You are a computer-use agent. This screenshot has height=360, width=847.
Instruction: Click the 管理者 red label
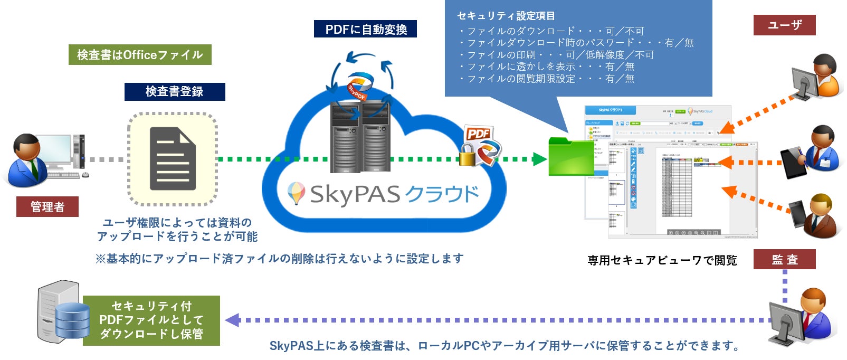tap(47, 206)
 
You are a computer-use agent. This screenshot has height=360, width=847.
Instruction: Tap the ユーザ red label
tap(784, 25)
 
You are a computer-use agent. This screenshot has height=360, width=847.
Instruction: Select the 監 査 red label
tap(784, 259)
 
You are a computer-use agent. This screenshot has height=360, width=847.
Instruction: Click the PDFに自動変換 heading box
tap(365, 29)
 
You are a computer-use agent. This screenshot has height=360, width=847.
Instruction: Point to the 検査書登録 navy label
tap(175, 91)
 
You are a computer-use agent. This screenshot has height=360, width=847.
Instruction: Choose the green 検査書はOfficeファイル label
tap(140, 55)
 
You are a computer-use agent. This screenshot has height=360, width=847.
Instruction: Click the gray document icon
tap(173, 159)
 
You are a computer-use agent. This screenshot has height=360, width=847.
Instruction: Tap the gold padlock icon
tap(467, 155)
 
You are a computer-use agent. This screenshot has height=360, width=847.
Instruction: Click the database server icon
tap(63, 312)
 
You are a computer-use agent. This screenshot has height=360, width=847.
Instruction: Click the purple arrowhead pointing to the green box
tap(232, 320)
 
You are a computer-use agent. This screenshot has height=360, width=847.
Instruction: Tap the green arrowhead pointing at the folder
tap(539, 159)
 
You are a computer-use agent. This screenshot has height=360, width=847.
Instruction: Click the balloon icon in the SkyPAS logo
tap(296, 193)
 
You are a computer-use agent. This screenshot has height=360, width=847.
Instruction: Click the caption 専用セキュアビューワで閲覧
tap(662, 260)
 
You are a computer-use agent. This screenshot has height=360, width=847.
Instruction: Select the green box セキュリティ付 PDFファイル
tap(151, 320)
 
